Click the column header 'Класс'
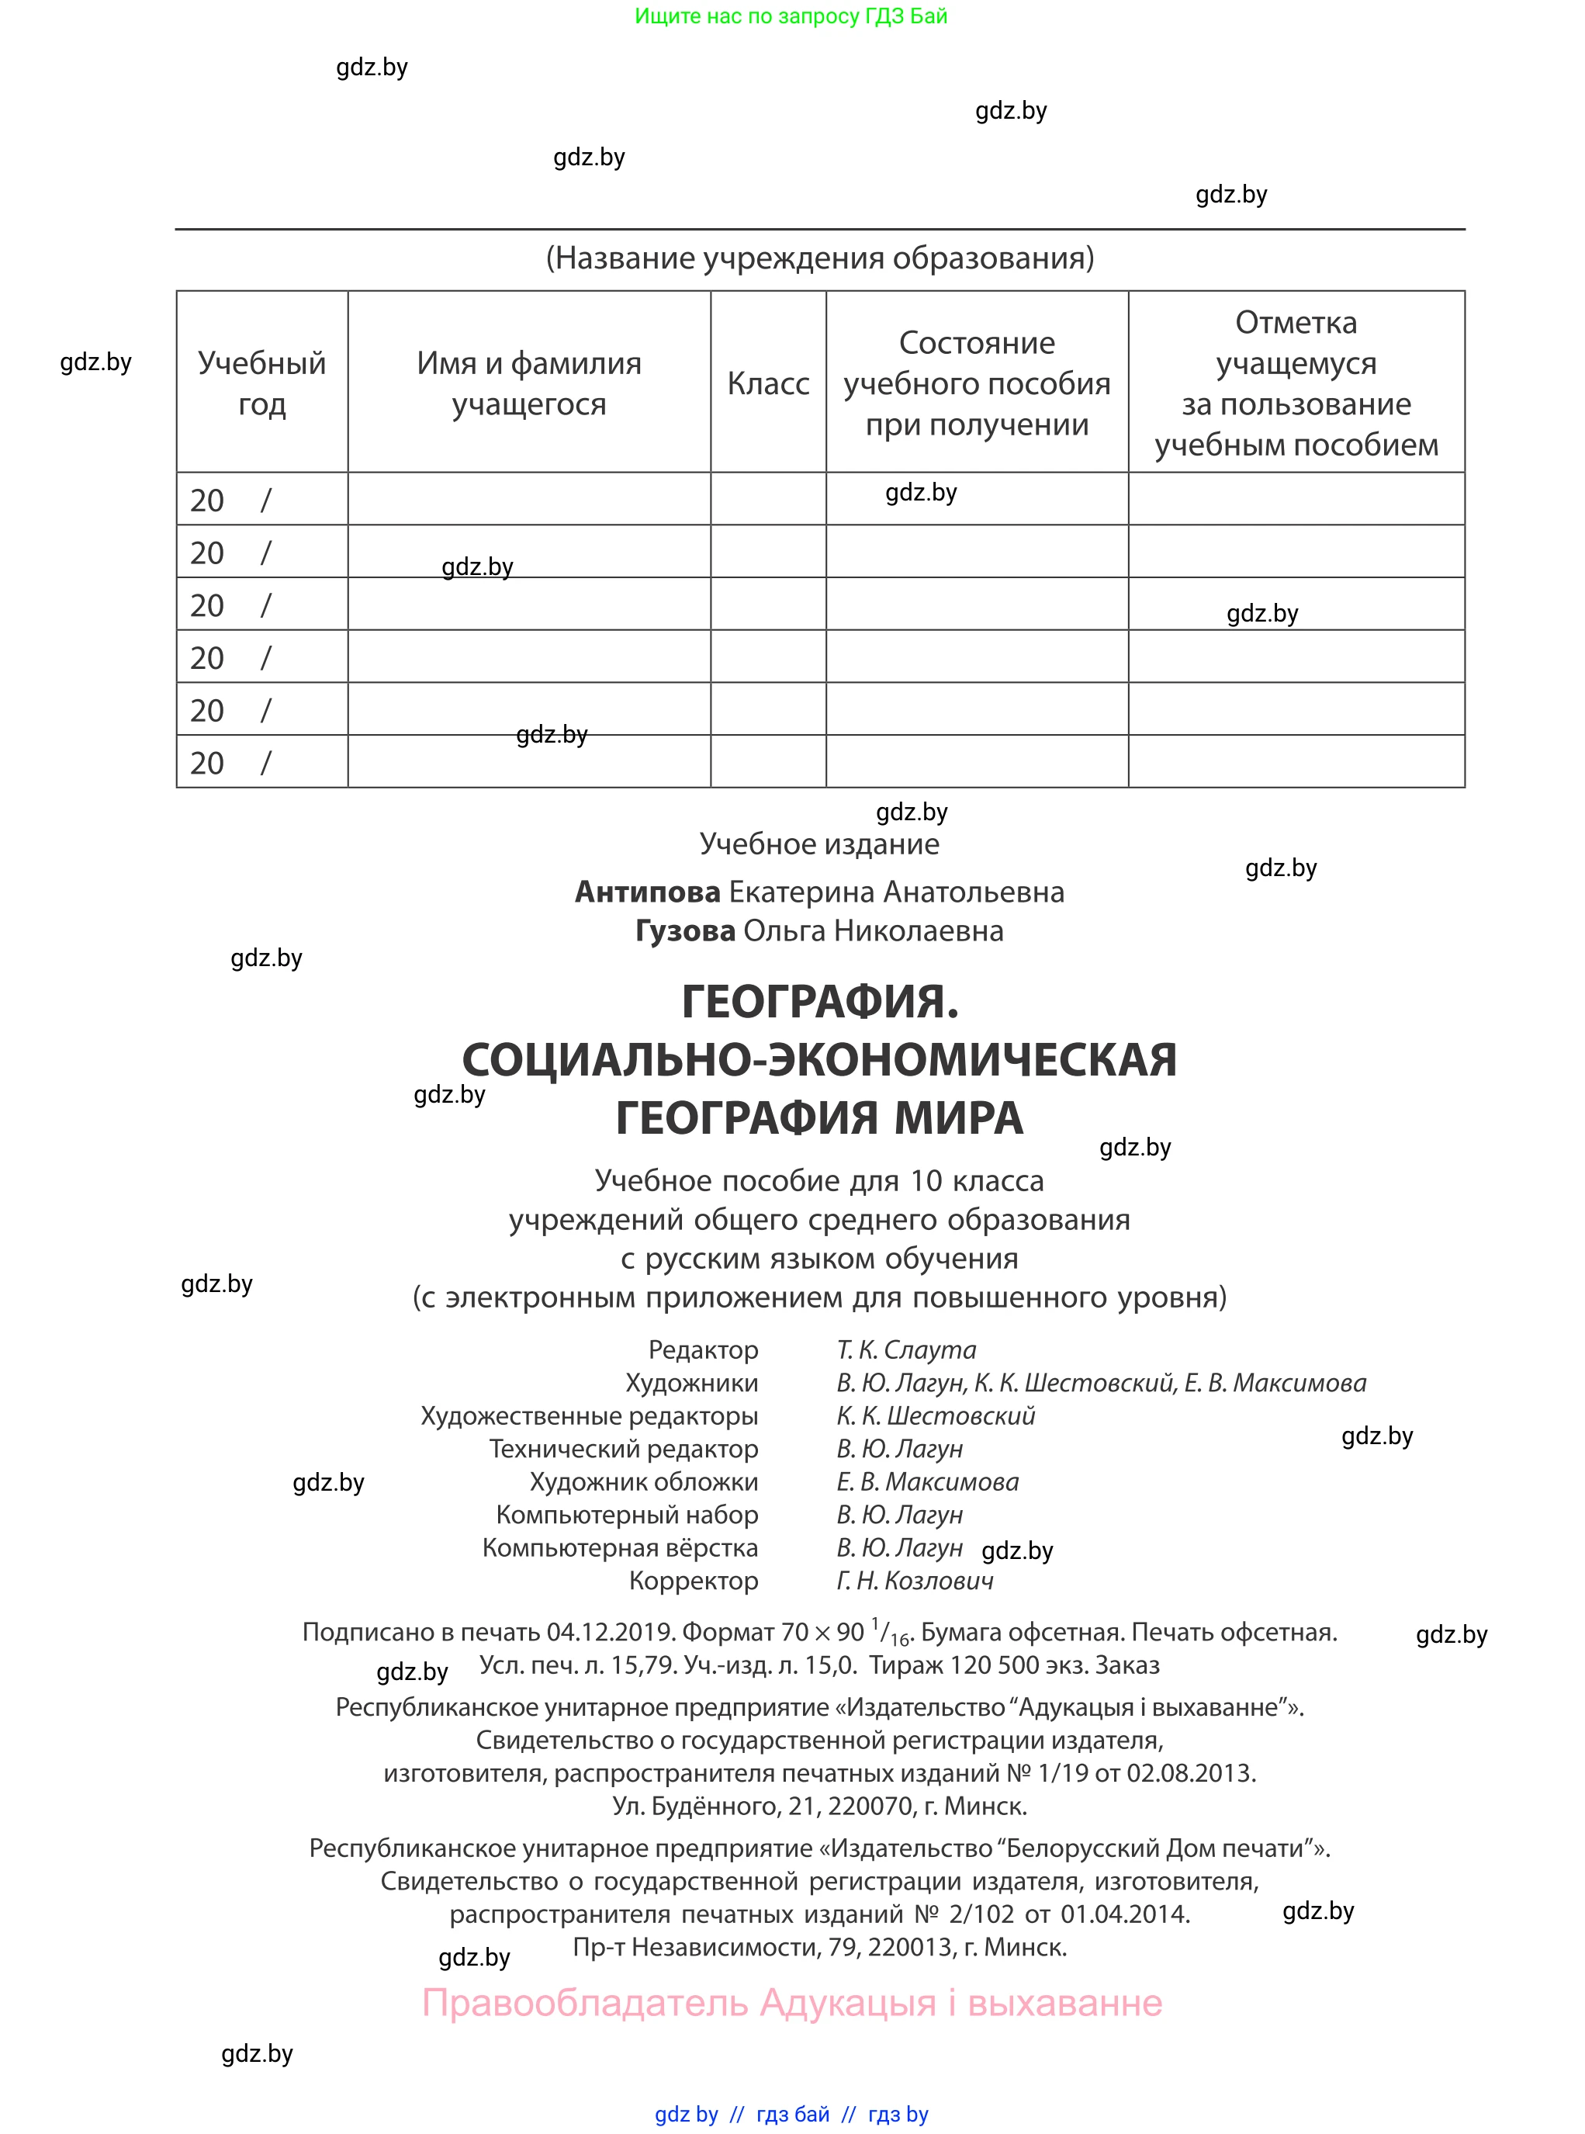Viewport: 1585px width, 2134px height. [767, 384]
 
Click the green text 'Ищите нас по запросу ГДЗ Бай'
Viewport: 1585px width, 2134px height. [791, 16]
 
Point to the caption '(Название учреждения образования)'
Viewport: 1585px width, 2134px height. [819, 258]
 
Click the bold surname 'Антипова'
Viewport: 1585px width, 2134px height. [648, 892]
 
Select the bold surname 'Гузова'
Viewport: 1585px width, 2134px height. [685, 930]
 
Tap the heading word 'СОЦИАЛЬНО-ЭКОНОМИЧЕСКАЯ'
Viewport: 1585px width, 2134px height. [819, 1060]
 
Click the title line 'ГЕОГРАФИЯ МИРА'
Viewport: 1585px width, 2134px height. [819, 1118]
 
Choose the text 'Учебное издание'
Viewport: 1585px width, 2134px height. [819, 844]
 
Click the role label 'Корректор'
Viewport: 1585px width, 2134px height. [694, 1581]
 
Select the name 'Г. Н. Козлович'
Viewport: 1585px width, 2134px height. [915, 1581]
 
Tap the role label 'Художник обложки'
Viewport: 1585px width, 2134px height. [644, 1481]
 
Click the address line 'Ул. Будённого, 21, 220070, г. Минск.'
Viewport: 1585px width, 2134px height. [819, 1806]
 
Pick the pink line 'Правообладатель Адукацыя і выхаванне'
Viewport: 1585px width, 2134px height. [791, 2004]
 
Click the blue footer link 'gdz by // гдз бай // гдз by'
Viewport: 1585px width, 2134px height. [791, 2114]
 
